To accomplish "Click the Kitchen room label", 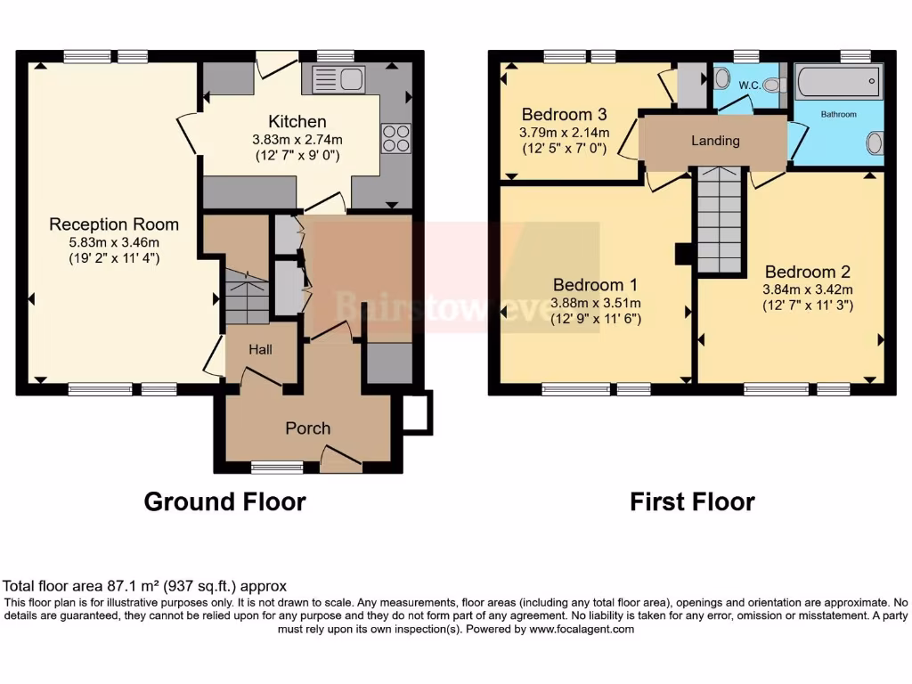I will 297,121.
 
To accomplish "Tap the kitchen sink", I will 338,78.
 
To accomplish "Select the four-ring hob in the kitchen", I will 395,138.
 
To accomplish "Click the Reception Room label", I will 114,224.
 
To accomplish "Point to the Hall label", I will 260,350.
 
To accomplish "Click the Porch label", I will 308,428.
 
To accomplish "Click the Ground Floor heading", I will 224,502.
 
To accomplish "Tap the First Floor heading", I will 692,502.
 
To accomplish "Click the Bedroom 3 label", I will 564,114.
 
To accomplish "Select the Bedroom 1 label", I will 595,285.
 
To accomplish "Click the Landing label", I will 715,141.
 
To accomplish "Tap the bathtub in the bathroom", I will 838,85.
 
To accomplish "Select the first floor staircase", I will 719,219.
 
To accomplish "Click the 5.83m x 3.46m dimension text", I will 114,241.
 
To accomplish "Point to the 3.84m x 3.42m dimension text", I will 808,289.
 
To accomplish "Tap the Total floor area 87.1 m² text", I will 144,586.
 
